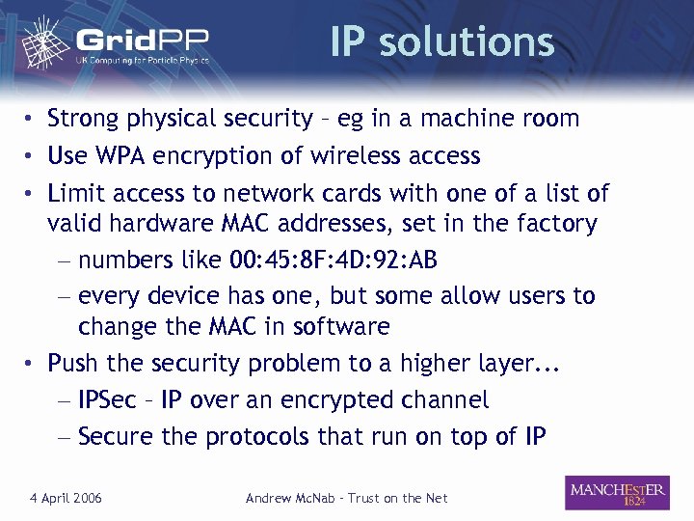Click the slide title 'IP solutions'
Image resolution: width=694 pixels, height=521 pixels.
pos(441,41)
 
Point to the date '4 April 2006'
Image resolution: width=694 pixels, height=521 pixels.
pos(67,498)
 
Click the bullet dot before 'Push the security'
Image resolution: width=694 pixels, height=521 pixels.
pos(32,364)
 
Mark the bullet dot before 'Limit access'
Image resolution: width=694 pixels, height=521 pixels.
pos(32,193)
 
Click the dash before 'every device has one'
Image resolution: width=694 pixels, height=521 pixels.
pos(63,296)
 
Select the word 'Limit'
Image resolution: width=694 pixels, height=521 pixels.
pos(75,193)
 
